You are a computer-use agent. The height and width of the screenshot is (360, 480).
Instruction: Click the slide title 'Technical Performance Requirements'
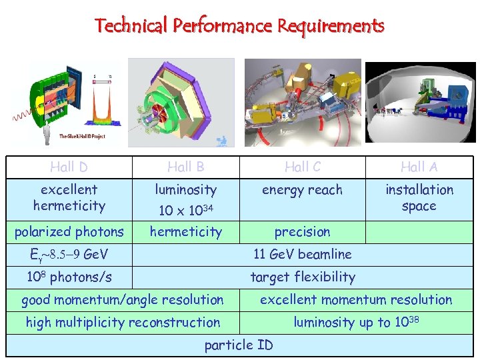(x=239, y=26)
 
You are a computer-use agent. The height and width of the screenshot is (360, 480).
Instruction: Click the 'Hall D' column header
(x=69, y=167)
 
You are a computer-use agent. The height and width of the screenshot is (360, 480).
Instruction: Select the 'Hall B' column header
(x=185, y=167)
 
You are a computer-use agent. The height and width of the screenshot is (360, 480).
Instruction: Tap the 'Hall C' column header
(x=302, y=167)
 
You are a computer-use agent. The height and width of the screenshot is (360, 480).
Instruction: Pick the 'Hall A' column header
(x=419, y=167)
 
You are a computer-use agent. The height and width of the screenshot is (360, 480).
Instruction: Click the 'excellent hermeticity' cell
(x=69, y=197)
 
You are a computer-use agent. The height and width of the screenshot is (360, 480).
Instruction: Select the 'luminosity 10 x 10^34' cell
(x=185, y=199)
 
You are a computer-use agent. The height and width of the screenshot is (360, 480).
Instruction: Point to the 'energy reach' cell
(x=302, y=190)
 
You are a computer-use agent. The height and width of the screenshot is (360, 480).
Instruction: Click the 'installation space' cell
(x=419, y=197)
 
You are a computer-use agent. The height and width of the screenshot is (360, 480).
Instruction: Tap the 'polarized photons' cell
(x=69, y=232)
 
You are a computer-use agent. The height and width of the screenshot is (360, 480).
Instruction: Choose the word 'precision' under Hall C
(x=302, y=232)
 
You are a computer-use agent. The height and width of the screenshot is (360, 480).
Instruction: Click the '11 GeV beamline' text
(x=302, y=254)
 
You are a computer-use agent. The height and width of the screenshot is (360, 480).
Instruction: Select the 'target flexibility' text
(x=302, y=277)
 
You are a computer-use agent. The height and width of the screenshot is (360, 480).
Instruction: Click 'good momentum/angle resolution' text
(x=123, y=300)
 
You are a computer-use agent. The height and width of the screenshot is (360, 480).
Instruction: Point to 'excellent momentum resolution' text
(x=356, y=300)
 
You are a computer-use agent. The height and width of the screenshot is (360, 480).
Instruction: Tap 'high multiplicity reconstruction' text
(x=123, y=323)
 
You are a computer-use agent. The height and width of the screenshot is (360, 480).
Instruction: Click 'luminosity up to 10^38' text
(x=356, y=322)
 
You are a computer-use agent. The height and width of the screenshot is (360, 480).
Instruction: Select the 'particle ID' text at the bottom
(x=238, y=345)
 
